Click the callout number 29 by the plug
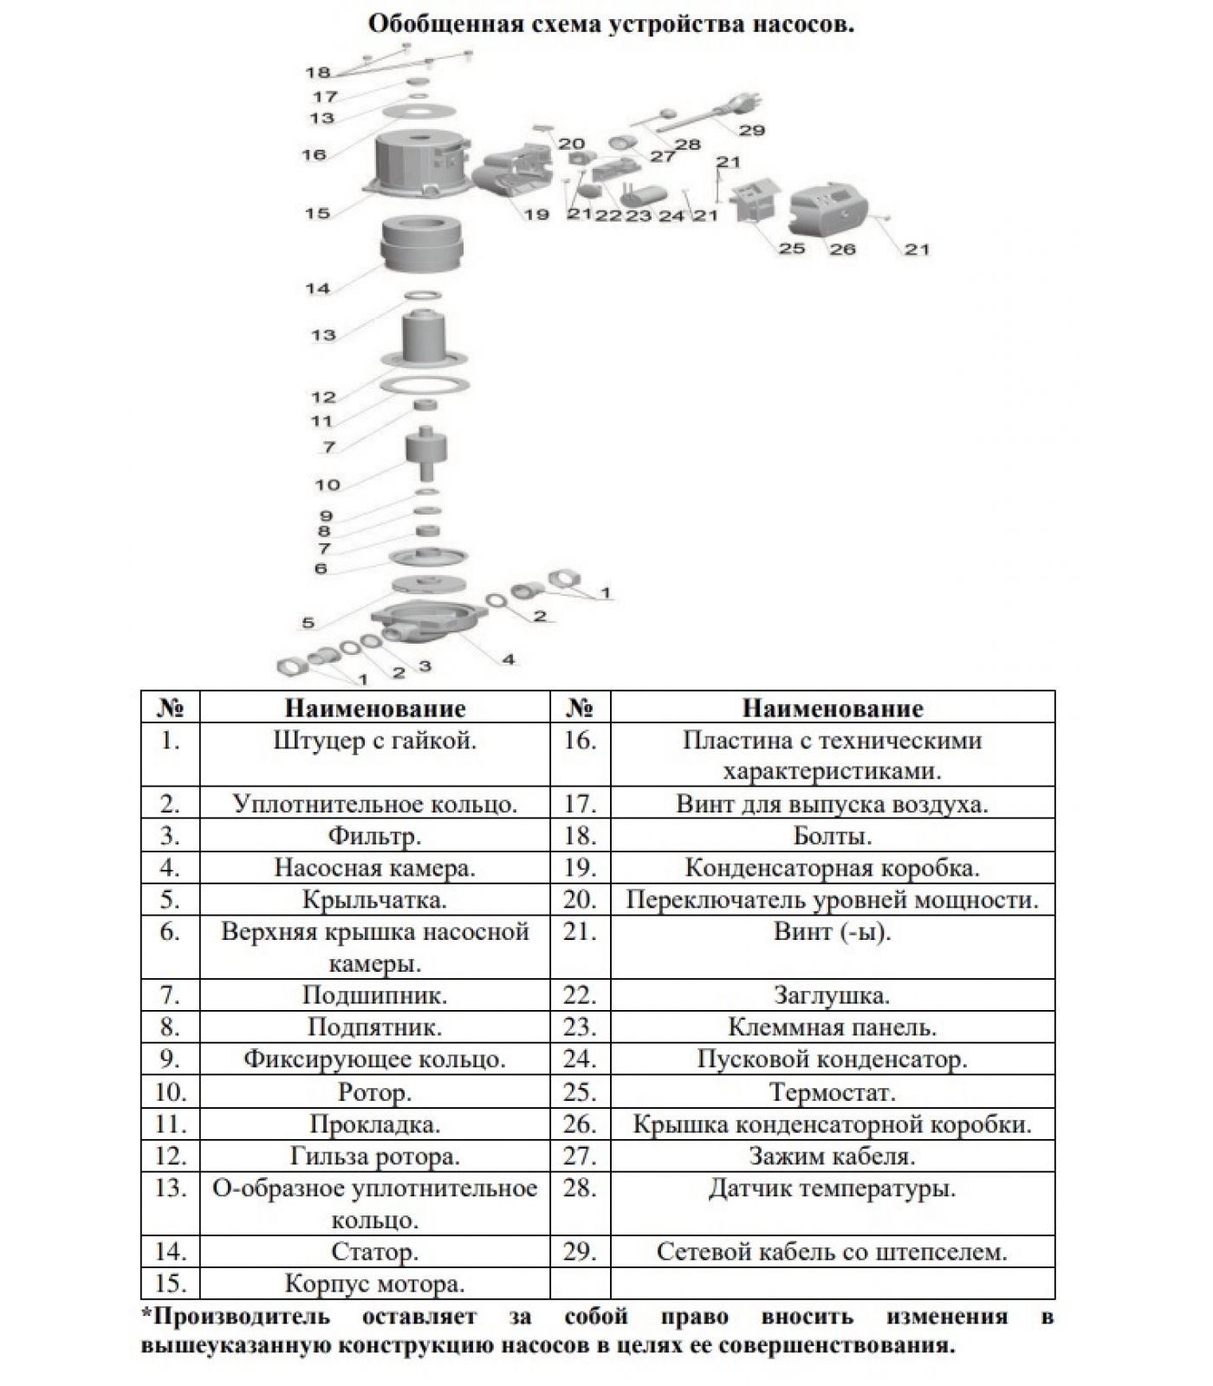pyautogui.click(x=751, y=130)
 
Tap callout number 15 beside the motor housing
pyautogui.click(x=317, y=213)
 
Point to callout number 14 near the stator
pyautogui.click(x=317, y=288)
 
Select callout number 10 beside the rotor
pyautogui.click(x=328, y=484)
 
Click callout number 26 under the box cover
pyautogui.click(x=842, y=249)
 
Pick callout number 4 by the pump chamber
pyautogui.click(x=509, y=659)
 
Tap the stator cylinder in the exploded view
pyautogui.click(x=423, y=243)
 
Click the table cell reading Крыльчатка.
pyautogui.click(x=374, y=900)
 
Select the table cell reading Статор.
pyautogui.click(x=374, y=1252)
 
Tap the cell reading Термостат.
pyautogui.click(x=832, y=1092)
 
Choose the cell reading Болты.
pyautogui.click(x=832, y=836)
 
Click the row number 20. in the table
pyautogui.click(x=580, y=900)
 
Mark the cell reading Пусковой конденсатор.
pyautogui.click(x=832, y=1059)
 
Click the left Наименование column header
pyautogui.click(x=374, y=709)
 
